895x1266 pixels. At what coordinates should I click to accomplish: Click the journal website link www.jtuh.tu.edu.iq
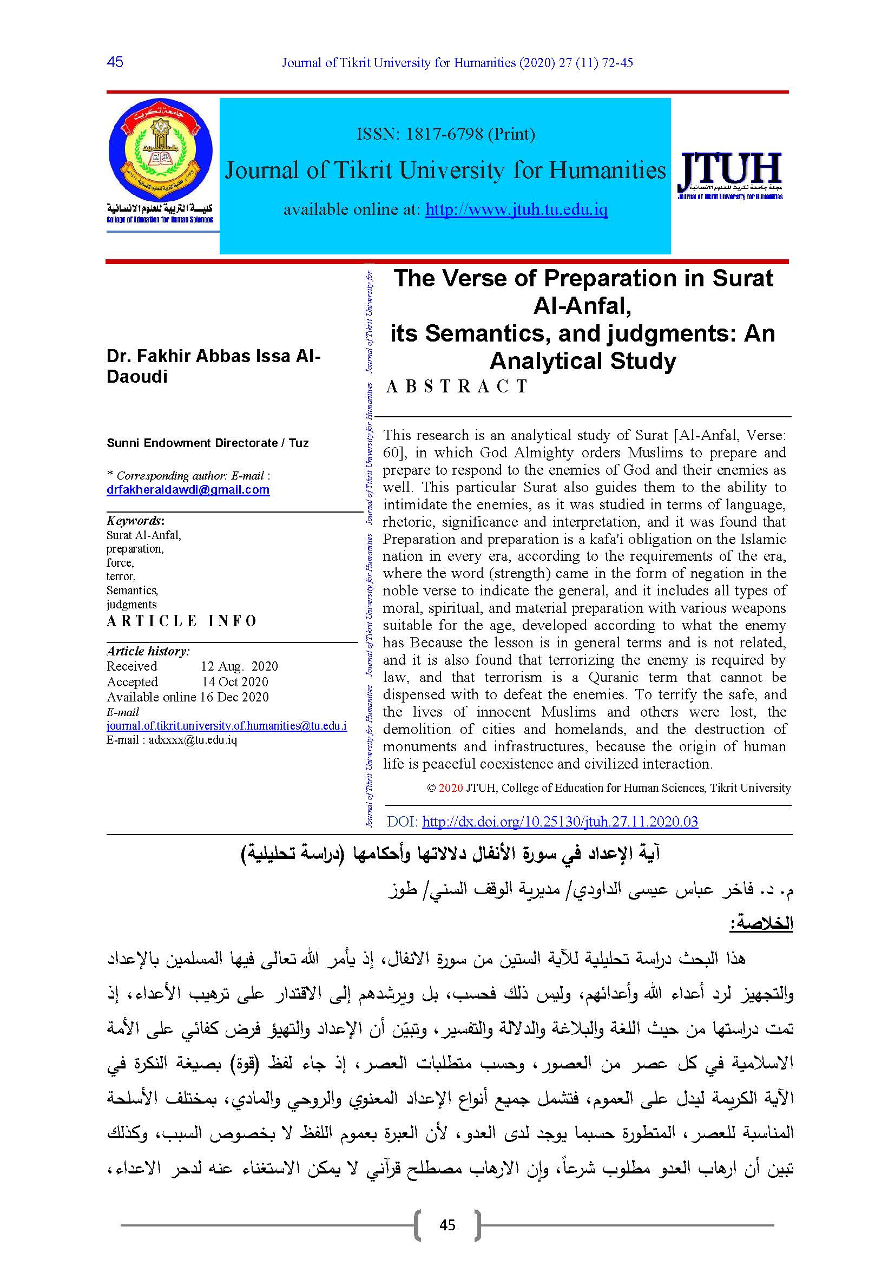(516, 209)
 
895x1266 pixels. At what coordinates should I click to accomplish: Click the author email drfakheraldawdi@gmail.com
(188, 490)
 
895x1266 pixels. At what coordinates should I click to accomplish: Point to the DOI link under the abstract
(560, 822)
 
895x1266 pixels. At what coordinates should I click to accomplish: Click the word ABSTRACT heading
(457, 386)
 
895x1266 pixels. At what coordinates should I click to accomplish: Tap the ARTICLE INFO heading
(182, 621)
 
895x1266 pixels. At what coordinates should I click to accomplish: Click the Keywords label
(135, 521)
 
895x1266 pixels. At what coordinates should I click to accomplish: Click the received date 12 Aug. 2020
(239, 666)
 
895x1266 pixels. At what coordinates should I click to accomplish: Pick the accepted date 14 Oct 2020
(235, 681)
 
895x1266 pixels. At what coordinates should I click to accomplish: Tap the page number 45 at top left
(115, 62)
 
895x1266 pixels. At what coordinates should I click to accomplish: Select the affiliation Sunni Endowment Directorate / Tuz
(207, 443)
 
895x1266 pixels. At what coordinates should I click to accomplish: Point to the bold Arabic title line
(450, 854)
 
